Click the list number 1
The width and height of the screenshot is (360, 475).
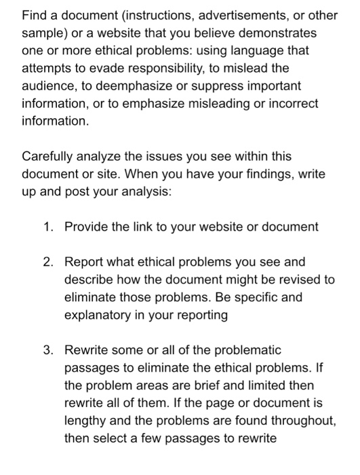[x=47, y=227]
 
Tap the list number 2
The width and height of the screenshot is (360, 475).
[x=47, y=263]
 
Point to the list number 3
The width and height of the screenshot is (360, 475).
[x=47, y=351]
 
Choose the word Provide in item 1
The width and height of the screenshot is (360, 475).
[x=87, y=227]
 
